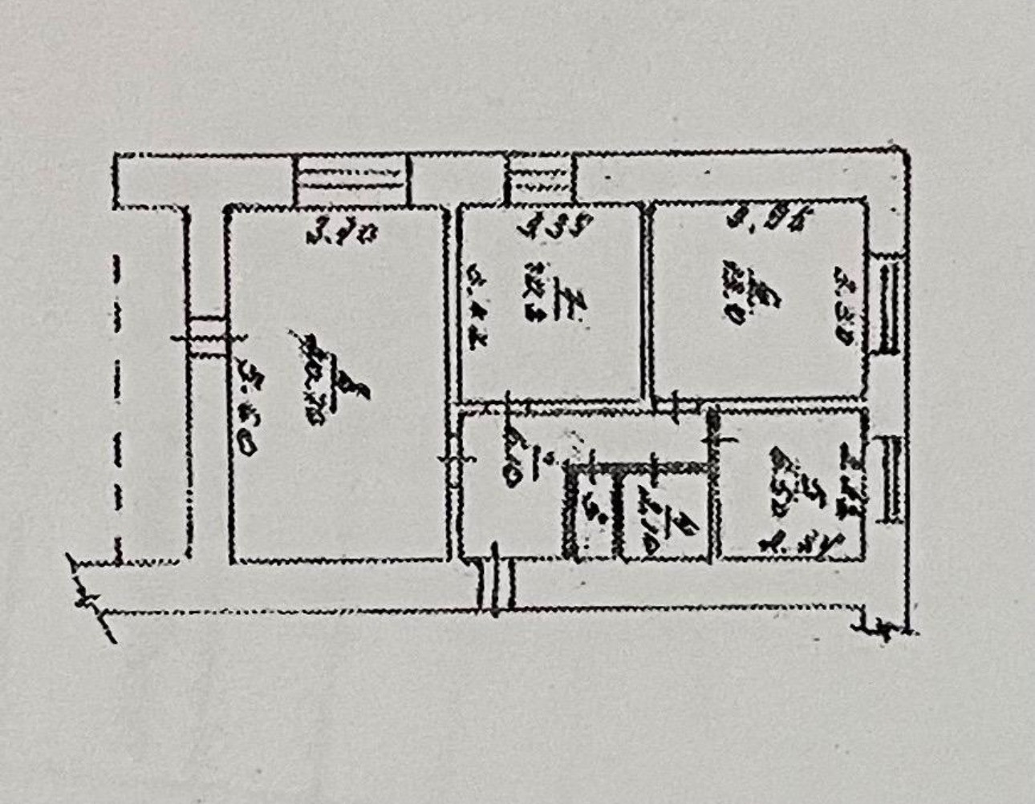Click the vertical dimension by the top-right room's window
845,305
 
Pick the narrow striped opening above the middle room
539,181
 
